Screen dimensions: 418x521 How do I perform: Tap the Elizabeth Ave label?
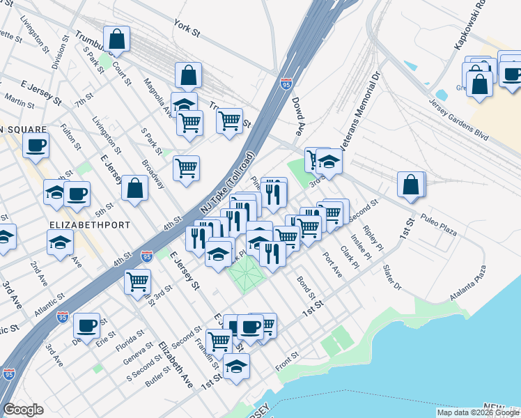tap(176, 365)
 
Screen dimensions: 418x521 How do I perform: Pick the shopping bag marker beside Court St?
tap(116, 40)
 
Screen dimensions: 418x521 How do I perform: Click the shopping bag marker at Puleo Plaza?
tap(411, 184)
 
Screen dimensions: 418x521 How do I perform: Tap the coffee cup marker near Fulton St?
tap(35, 145)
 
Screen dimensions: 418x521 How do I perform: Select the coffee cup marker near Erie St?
tap(87, 325)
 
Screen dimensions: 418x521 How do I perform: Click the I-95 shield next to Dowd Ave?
tap(286, 84)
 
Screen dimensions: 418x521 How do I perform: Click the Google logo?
tap(23, 410)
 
